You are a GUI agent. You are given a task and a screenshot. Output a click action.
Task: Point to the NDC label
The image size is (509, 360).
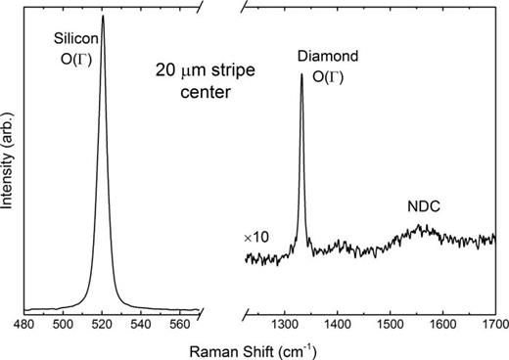pyautogui.click(x=423, y=207)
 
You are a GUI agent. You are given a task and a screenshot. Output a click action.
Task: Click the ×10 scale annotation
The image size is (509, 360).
pyautogui.click(x=255, y=238)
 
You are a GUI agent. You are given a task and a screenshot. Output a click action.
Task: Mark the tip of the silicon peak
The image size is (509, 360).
pyautogui.click(x=103, y=15)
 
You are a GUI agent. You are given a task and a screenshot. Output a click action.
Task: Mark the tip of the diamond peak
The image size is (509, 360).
pyautogui.click(x=301, y=75)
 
